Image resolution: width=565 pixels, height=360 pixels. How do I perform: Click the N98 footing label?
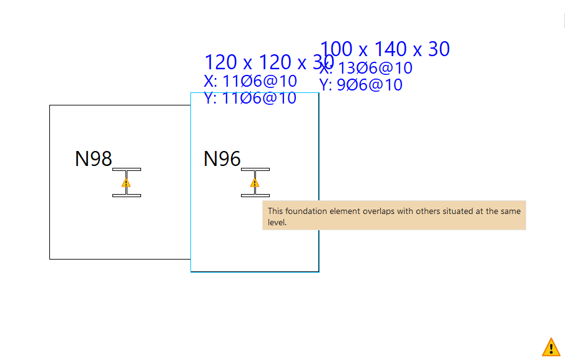pyautogui.click(x=93, y=159)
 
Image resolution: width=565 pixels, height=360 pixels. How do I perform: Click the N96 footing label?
pyautogui.click(x=222, y=159)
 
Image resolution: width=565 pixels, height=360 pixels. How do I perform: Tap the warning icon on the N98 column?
pyautogui.click(x=126, y=183)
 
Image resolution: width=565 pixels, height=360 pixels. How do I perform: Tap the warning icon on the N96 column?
pyautogui.click(x=255, y=183)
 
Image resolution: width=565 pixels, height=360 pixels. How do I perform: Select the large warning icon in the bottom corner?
pyautogui.click(x=551, y=347)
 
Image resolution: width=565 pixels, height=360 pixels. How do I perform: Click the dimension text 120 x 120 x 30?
pyautogui.click(x=268, y=62)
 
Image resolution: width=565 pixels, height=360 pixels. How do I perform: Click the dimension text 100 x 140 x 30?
pyautogui.click(x=385, y=49)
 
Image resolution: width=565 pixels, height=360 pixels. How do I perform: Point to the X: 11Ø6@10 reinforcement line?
pyautogui.click(x=250, y=81)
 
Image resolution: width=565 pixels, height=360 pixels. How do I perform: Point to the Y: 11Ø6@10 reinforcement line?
pyautogui.click(x=250, y=98)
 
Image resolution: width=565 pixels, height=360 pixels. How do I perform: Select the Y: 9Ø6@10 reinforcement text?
pyautogui.click(x=361, y=85)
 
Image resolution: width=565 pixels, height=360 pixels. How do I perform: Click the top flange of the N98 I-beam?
pyautogui.click(x=127, y=169)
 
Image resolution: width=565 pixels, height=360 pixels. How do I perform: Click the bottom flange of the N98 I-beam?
pyautogui.click(x=127, y=195)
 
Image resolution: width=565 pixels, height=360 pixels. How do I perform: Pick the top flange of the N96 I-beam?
pyautogui.click(x=255, y=169)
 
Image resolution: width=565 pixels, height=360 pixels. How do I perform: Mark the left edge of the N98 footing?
pyautogui.click(x=50, y=187)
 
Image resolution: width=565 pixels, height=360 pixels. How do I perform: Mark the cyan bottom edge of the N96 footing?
pyautogui.click(x=255, y=272)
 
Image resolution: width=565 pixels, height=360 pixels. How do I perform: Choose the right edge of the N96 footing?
pyautogui.click(x=319, y=156)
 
